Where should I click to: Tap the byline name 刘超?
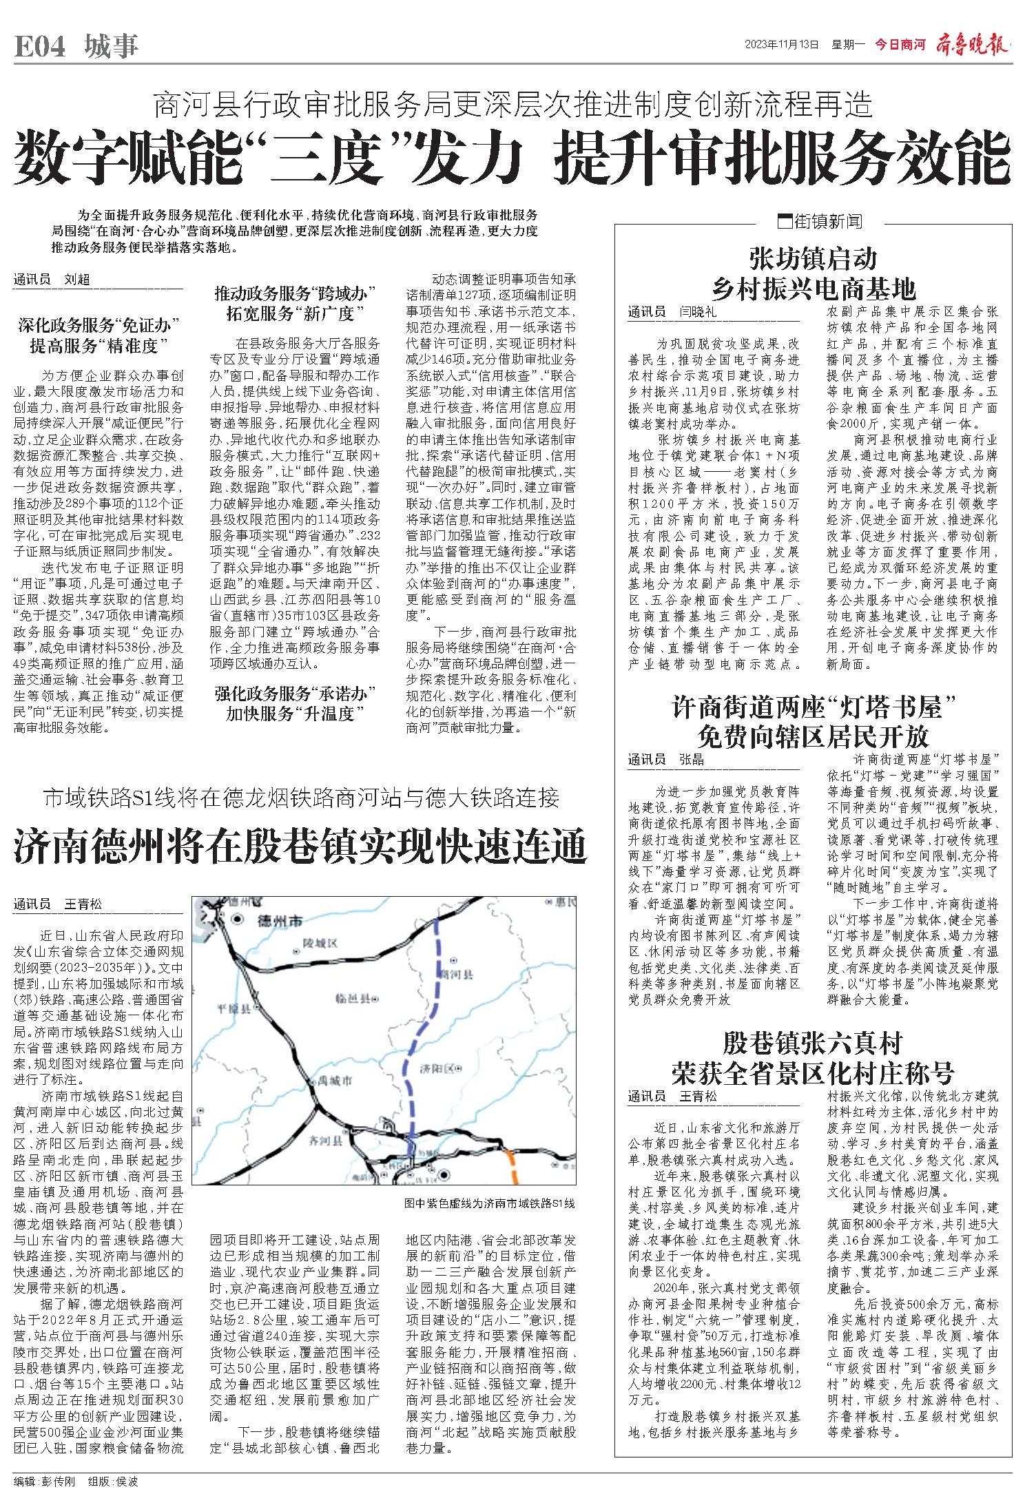[x=77, y=280]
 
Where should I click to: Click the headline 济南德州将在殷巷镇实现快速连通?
[x=300, y=847]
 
